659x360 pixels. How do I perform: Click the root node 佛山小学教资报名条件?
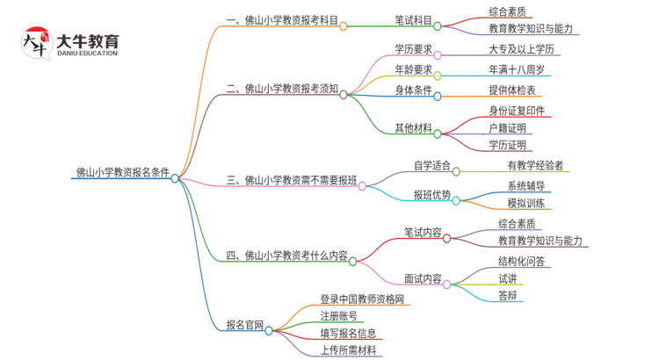pos(122,172)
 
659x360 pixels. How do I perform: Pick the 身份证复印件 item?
pos(518,111)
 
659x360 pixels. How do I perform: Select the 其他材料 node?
pos(413,128)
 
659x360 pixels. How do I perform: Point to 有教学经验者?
pos(535,165)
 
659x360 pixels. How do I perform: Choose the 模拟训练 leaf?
pos(526,203)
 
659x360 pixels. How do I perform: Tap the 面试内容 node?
pos(423,279)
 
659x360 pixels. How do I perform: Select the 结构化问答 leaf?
pos(521,261)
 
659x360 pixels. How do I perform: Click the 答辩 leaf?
pos(507,295)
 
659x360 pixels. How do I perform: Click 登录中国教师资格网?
pos(361,300)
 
